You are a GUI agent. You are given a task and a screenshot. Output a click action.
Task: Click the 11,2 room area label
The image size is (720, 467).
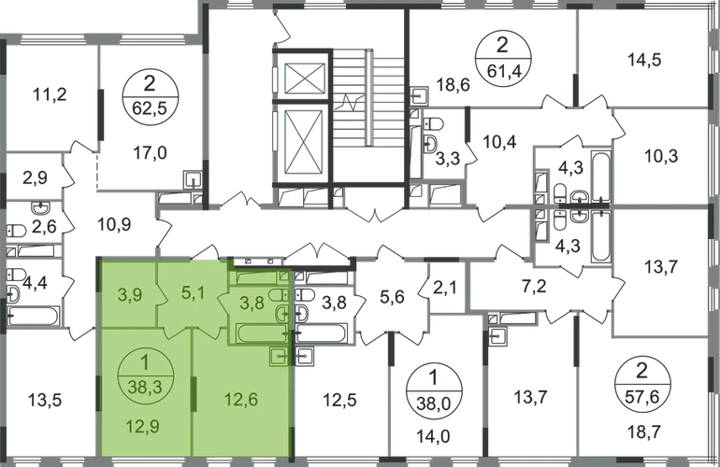50,94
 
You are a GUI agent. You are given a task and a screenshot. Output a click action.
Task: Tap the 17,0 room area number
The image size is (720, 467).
151,153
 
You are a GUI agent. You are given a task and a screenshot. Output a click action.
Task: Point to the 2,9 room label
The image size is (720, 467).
35,177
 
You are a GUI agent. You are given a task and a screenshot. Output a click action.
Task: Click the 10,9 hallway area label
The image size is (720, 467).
114,225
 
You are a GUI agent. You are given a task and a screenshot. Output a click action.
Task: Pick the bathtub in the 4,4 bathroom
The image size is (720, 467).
34,317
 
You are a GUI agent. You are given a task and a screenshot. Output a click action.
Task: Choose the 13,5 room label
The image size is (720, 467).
45,400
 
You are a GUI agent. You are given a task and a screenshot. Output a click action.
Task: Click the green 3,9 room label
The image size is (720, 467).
130,295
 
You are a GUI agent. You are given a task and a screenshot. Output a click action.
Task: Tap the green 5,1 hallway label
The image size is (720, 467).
193,291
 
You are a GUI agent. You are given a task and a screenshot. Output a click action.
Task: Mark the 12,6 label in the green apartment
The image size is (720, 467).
241,399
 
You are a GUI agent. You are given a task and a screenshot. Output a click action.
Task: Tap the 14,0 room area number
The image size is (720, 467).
433,436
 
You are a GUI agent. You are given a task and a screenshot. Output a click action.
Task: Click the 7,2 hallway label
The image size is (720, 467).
535,287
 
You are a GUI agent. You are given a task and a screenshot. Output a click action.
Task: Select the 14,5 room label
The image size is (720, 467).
644,60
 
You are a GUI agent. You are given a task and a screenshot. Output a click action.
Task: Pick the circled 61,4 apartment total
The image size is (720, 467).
503,58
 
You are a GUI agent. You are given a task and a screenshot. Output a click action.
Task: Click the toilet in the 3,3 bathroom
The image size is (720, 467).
434,123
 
